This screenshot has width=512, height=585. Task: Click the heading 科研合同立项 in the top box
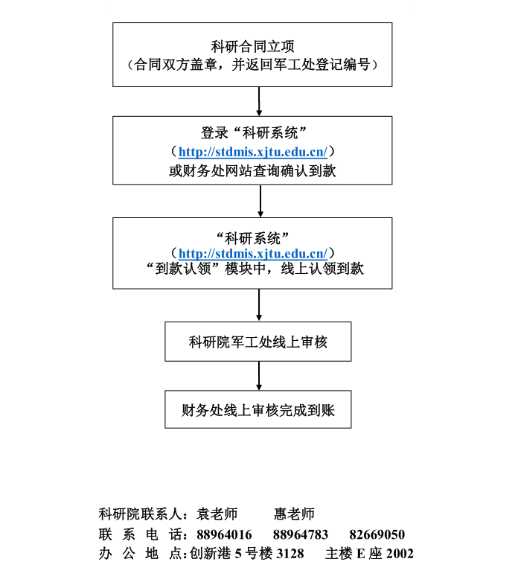tap(252, 47)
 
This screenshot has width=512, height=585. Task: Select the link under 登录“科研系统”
tap(252, 152)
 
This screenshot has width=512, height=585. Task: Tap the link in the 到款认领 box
tap(252, 254)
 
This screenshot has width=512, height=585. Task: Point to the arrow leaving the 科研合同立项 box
tap(259, 101)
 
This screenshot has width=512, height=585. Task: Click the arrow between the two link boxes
tap(260, 201)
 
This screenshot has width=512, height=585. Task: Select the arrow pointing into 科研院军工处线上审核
tap(259, 305)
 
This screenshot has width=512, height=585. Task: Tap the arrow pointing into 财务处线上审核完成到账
tap(259, 376)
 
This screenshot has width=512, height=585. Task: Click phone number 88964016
tap(224, 534)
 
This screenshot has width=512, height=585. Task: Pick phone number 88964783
tap(301, 534)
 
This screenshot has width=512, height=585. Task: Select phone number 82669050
tap(377, 534)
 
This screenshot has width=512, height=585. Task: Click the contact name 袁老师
tap(217, 514)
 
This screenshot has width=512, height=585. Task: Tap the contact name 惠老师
tap(294, 514)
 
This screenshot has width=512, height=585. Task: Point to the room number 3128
tap(290, 554)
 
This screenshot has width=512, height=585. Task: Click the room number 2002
tap(400, 554)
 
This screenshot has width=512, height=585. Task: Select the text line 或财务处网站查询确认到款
tap(252, 171)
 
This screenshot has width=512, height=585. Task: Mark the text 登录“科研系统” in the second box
tap(254, 132)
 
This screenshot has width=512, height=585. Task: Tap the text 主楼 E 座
tap(353, 554)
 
